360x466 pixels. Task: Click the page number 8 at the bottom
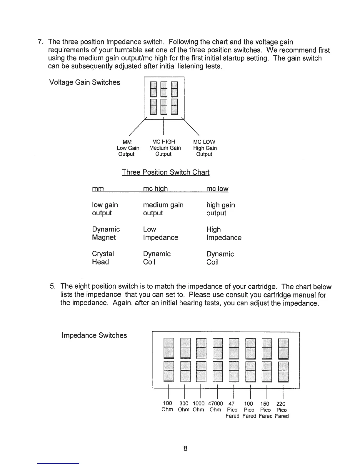point(185,448)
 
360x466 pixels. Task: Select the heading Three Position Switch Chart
point(166,172)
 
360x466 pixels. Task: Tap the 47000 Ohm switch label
point(215,407)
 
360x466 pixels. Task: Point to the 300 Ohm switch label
point(184,407)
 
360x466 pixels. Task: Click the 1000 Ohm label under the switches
point(199,407)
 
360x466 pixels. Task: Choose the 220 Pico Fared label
point(281,410)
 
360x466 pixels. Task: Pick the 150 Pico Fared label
point(265,410)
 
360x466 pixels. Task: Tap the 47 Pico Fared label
point(232,410)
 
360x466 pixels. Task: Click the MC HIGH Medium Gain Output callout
point(165,148)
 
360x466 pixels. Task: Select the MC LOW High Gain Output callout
point(205,148)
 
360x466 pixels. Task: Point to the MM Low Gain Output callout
point(128,148)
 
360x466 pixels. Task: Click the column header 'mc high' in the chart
point(155,189)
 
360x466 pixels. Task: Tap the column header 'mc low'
point(217,189)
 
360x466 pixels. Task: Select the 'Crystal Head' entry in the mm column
point(103,258)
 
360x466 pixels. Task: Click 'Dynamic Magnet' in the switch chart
point(106,233)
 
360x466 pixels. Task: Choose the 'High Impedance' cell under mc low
point(224,233)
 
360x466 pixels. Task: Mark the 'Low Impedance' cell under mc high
point(161,233)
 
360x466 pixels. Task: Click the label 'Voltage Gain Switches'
point(85,82)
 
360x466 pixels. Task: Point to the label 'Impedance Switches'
point(94,335)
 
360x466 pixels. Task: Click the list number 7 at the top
point(41,42)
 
